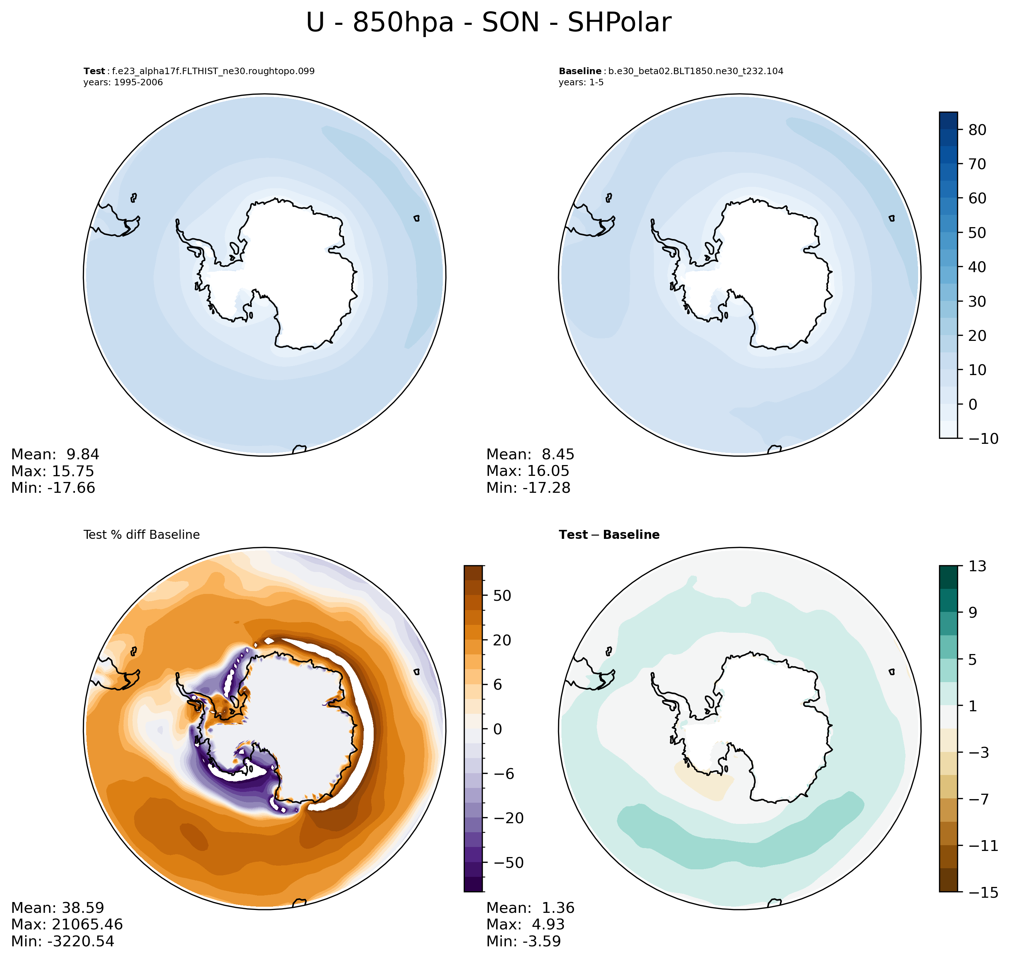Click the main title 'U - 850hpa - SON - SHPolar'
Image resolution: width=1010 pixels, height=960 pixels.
(488, 23)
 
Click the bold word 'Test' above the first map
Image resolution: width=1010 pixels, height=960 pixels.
(94, 71)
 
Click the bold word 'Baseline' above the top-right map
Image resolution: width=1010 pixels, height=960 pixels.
(580, 71)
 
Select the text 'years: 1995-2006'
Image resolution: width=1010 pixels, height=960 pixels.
(123, 82)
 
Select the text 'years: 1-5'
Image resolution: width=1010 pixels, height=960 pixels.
(581, 82)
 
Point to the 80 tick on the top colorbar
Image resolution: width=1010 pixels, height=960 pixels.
(977, 130)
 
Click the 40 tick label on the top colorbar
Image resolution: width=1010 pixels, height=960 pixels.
(977, 267)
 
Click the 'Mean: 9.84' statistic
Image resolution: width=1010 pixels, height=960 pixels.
(55, 454)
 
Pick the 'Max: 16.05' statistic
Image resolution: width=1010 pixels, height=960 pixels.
(528, 471)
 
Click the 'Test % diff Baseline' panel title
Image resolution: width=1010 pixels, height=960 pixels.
(141, 535)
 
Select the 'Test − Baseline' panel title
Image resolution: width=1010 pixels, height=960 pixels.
(609, 535)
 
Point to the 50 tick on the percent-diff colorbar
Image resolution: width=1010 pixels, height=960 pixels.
(502, 596)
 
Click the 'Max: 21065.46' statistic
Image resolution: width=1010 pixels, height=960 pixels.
(67, 924)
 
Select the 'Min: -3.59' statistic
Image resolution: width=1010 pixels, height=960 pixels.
(524, 941)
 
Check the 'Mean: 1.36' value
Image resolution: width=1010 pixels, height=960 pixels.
(530, 908)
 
